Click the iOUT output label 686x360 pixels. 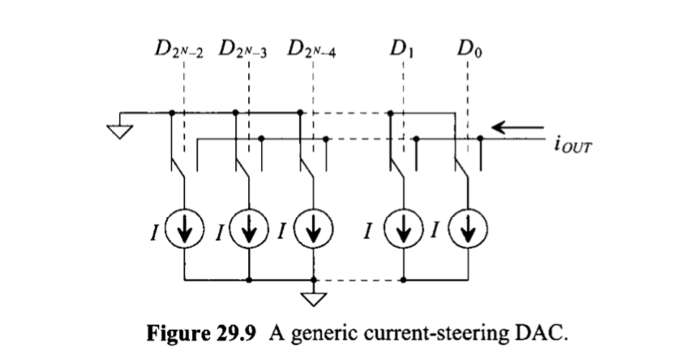(571, 148)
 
